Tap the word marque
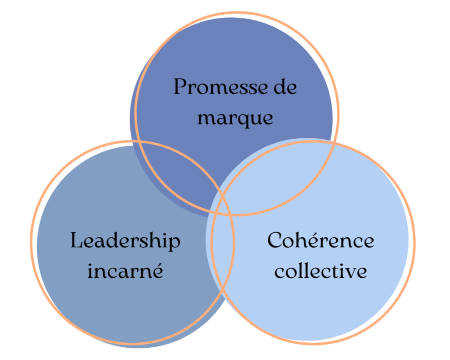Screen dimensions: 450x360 pos(235,118)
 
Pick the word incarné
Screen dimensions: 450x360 pos(125,271)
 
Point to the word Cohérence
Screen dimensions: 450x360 pos(320,240)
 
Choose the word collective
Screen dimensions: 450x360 pos(321,271)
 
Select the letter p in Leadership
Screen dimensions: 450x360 pos(174,243)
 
